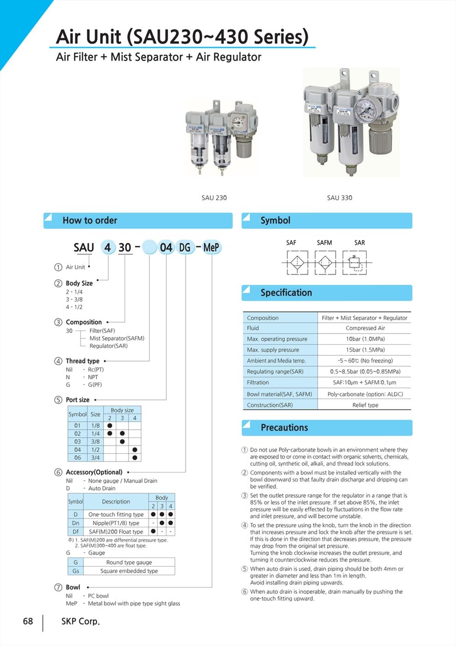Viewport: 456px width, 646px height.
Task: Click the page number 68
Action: click(28, 621)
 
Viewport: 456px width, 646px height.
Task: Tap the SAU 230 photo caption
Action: click(214, 197)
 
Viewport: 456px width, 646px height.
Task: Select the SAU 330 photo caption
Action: click(339, 197)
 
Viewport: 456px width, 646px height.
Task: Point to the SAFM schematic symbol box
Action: click(325, 262)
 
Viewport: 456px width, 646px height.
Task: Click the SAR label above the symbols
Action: click(360, 242)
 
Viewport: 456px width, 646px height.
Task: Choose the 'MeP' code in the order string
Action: click(211, 247)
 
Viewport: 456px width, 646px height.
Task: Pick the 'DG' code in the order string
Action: click(184, 247)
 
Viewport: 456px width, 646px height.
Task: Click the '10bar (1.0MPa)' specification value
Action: click(365, 339)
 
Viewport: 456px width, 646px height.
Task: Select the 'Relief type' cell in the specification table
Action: click(365, 405)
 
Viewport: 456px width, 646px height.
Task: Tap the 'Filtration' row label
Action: click(258, 382)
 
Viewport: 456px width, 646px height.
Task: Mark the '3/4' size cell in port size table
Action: click(95, 457)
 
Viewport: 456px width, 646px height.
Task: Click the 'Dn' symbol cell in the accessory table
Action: click(76, 523)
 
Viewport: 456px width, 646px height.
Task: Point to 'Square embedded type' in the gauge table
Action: click(129, 571)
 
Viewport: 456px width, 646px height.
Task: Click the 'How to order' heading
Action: click(90, 220)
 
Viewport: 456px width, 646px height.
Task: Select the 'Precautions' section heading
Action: click(284, 427)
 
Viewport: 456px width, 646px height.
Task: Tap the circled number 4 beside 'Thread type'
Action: click(58, 361)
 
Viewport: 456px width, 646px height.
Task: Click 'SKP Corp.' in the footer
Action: click(80, 621)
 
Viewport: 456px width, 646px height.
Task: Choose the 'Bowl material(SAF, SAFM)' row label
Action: click(279, 394)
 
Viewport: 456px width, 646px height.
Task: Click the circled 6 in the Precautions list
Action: click(245, 592)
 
